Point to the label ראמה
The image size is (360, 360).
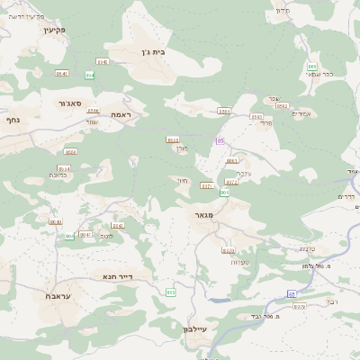point(121,115)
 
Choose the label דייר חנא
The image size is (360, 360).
point(118,276)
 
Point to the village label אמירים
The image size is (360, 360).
point(302,112)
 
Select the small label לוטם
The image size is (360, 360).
point(106,235)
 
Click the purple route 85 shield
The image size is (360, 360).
point(220,141)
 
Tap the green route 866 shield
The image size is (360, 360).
point(311,67)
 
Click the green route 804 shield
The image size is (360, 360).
point(69,237)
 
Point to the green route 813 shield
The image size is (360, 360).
point(171,292)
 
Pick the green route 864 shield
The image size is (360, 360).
point(90,76)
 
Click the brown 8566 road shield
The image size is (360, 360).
point(94,111)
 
